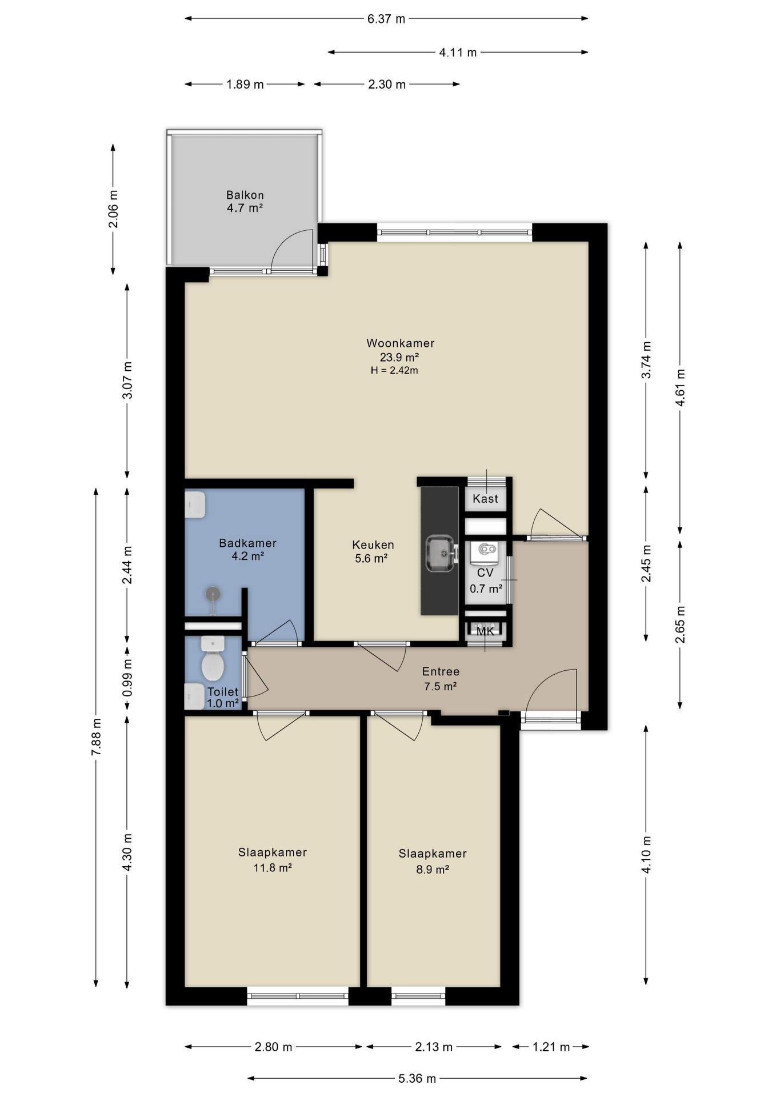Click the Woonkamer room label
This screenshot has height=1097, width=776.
(x=400, y=343)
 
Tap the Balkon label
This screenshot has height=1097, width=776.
(x=245, y=195)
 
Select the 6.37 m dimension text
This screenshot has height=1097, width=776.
(x=386, y=19)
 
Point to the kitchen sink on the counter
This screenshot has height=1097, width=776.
(x=442, y=554)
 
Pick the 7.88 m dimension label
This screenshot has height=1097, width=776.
(x=96, y=737)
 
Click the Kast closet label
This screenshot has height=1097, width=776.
(x=485, y=499)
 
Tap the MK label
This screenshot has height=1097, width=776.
(x=485, y=631)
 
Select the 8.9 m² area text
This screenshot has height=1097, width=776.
(x=432, y=870)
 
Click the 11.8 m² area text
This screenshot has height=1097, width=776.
(x=273, y=868)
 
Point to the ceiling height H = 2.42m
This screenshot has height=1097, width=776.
(x=394, y=370)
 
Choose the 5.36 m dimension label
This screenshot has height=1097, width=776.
(x=417, y=1079)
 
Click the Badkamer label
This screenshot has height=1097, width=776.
(x=247, y=543)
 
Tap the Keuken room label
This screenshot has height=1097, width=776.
(x=373, y=545)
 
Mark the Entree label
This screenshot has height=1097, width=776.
(x=441, y=672)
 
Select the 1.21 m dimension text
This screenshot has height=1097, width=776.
(x=551, y=1047)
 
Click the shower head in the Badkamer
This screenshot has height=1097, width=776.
(x=213, y=595)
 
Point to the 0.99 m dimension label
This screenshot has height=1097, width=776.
(x=127, y=678)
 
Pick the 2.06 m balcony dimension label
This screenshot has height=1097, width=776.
(x=113, y=209)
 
